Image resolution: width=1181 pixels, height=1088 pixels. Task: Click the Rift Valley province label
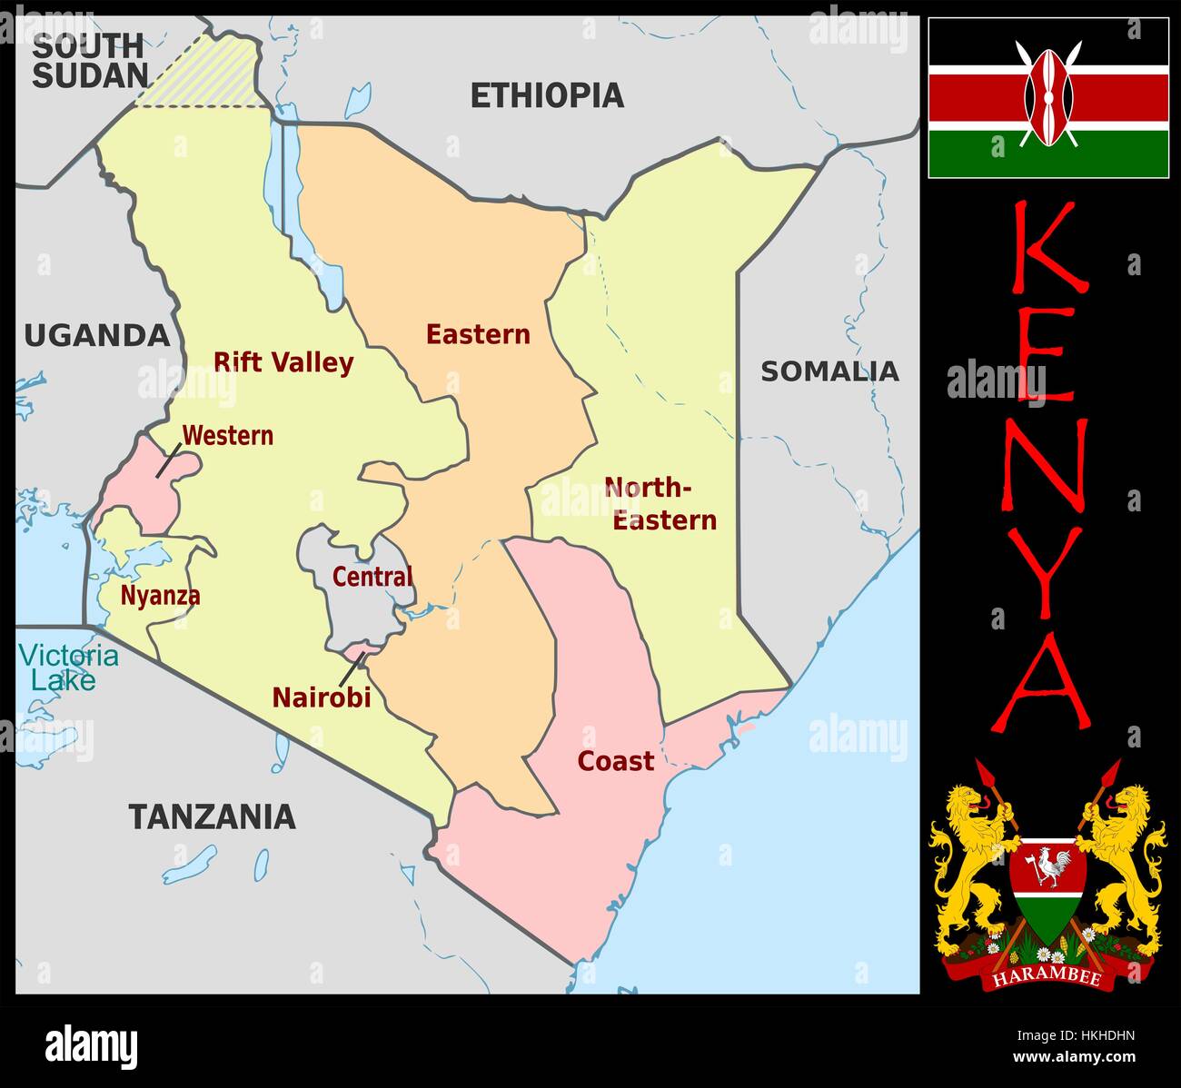[x=283, y=362]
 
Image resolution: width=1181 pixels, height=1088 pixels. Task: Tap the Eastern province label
[x=478, y=334]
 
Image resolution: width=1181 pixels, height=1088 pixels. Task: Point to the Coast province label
[x=615, y=761]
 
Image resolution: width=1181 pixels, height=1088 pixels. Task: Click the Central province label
[x=372, y=577]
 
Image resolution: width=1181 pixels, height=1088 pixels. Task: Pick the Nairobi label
[x=322, y=697]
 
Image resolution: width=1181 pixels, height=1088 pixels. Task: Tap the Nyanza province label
[x=160, y=597]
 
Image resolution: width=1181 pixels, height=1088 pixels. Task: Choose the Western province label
[x=227, y=436]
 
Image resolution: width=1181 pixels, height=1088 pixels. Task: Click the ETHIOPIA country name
[x=546, y=95]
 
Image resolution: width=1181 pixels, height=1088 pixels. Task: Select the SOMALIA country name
[x=829, y=371]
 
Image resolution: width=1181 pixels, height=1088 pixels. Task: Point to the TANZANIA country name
[x=212, y=816]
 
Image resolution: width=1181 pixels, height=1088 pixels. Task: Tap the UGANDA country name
[x=96, y=336]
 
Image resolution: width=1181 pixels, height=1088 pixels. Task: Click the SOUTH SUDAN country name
[x=89, y=60]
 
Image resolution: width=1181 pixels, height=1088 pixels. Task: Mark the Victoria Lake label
[x=68, y=668]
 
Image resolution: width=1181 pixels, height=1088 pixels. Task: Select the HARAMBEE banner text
[x=1047, y=978]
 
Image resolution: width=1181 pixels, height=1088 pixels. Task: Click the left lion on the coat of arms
[x=972, y=854]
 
